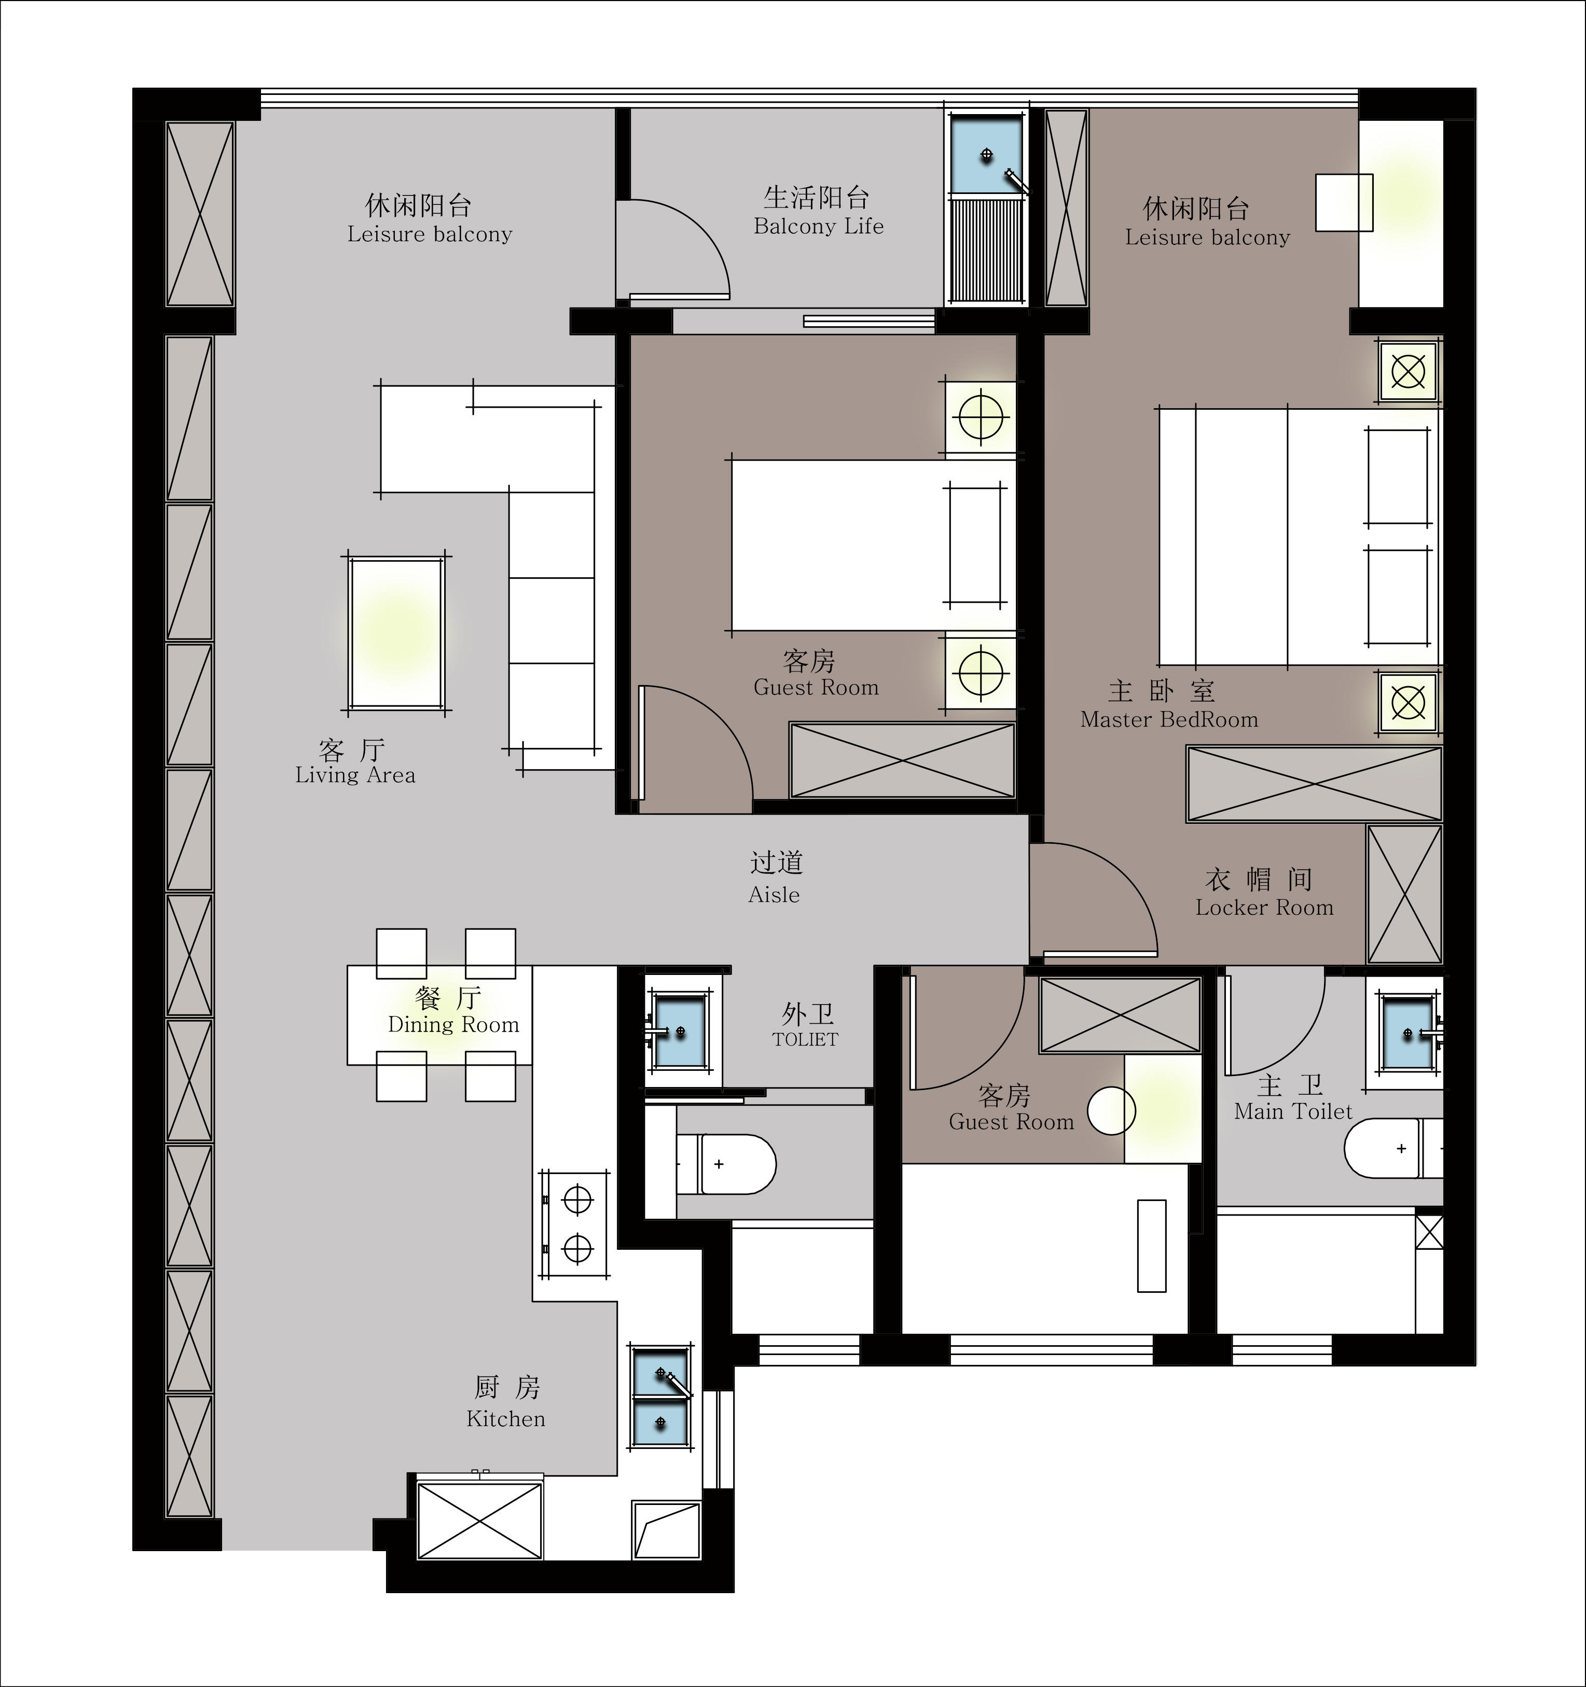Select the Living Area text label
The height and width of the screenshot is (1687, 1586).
tap(355, 775)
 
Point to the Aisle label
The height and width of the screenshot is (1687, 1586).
tap(774, 895)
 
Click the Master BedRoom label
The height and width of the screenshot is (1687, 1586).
tap(1169, 720)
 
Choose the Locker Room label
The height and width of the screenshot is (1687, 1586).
tap(1264, 907)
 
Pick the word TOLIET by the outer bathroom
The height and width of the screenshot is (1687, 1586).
tap(805, 1039)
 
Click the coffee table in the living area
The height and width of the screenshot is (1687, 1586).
tap(396, 633)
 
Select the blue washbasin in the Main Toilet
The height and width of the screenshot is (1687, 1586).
tap(1408, 1033)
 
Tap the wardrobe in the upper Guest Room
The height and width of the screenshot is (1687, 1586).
tap(902, 760)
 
